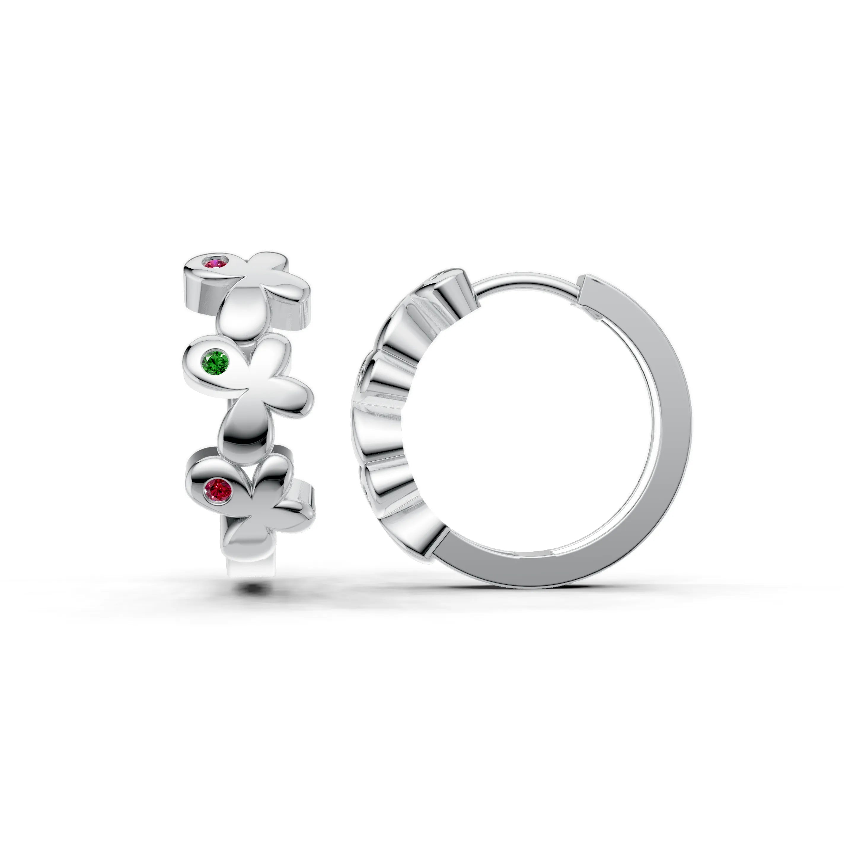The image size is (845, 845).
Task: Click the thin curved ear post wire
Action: (x=525, y=280)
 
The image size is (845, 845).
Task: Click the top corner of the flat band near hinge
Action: (x=588, y=276)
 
